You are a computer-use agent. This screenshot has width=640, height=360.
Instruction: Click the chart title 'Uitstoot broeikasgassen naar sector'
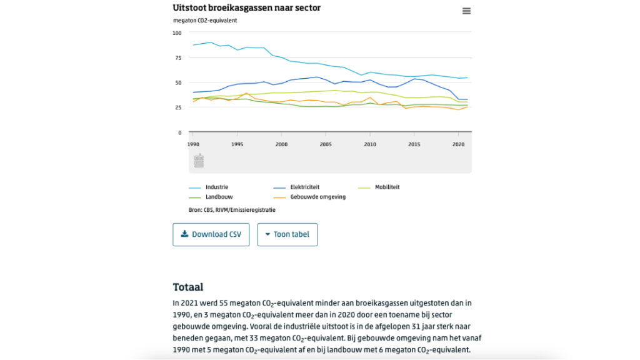tap(246, 7)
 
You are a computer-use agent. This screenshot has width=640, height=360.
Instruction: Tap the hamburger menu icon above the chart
tap(466, 11)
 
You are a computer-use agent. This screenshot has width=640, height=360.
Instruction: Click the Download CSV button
tap(211, 234)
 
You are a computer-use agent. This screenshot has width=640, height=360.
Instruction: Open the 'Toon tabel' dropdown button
tap(287, 234)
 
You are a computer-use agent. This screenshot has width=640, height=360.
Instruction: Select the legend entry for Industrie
tap(216, 187)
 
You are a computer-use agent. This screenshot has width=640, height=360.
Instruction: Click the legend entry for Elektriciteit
tap(305, 187)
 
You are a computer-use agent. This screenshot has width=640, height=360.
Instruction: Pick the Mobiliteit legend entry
tap(387, 187)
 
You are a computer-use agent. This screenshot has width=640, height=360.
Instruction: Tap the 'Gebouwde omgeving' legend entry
tap(317, 197)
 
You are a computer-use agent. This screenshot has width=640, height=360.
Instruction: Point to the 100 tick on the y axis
tap(177, 32)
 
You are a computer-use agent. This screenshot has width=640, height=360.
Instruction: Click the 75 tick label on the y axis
tap(178, 57)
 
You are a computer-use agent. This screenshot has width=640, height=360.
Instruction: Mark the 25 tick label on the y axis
tap(178, 107)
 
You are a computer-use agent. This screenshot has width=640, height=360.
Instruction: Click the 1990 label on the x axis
tap(193, 144)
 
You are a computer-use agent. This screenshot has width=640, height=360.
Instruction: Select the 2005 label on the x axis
tap(326, 144)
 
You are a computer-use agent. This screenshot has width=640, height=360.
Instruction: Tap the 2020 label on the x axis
tap(458, 144)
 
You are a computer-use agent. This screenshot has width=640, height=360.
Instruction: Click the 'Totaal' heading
tap(187, 287)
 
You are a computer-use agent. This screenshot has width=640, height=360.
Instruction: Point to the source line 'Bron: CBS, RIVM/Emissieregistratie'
tap(232, 210)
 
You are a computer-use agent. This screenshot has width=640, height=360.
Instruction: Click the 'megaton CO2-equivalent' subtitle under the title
tap(205, 20)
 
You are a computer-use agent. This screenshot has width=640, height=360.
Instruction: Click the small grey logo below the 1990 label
tap(199, 161)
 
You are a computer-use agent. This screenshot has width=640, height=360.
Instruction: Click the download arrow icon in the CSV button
tap(184, 234)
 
